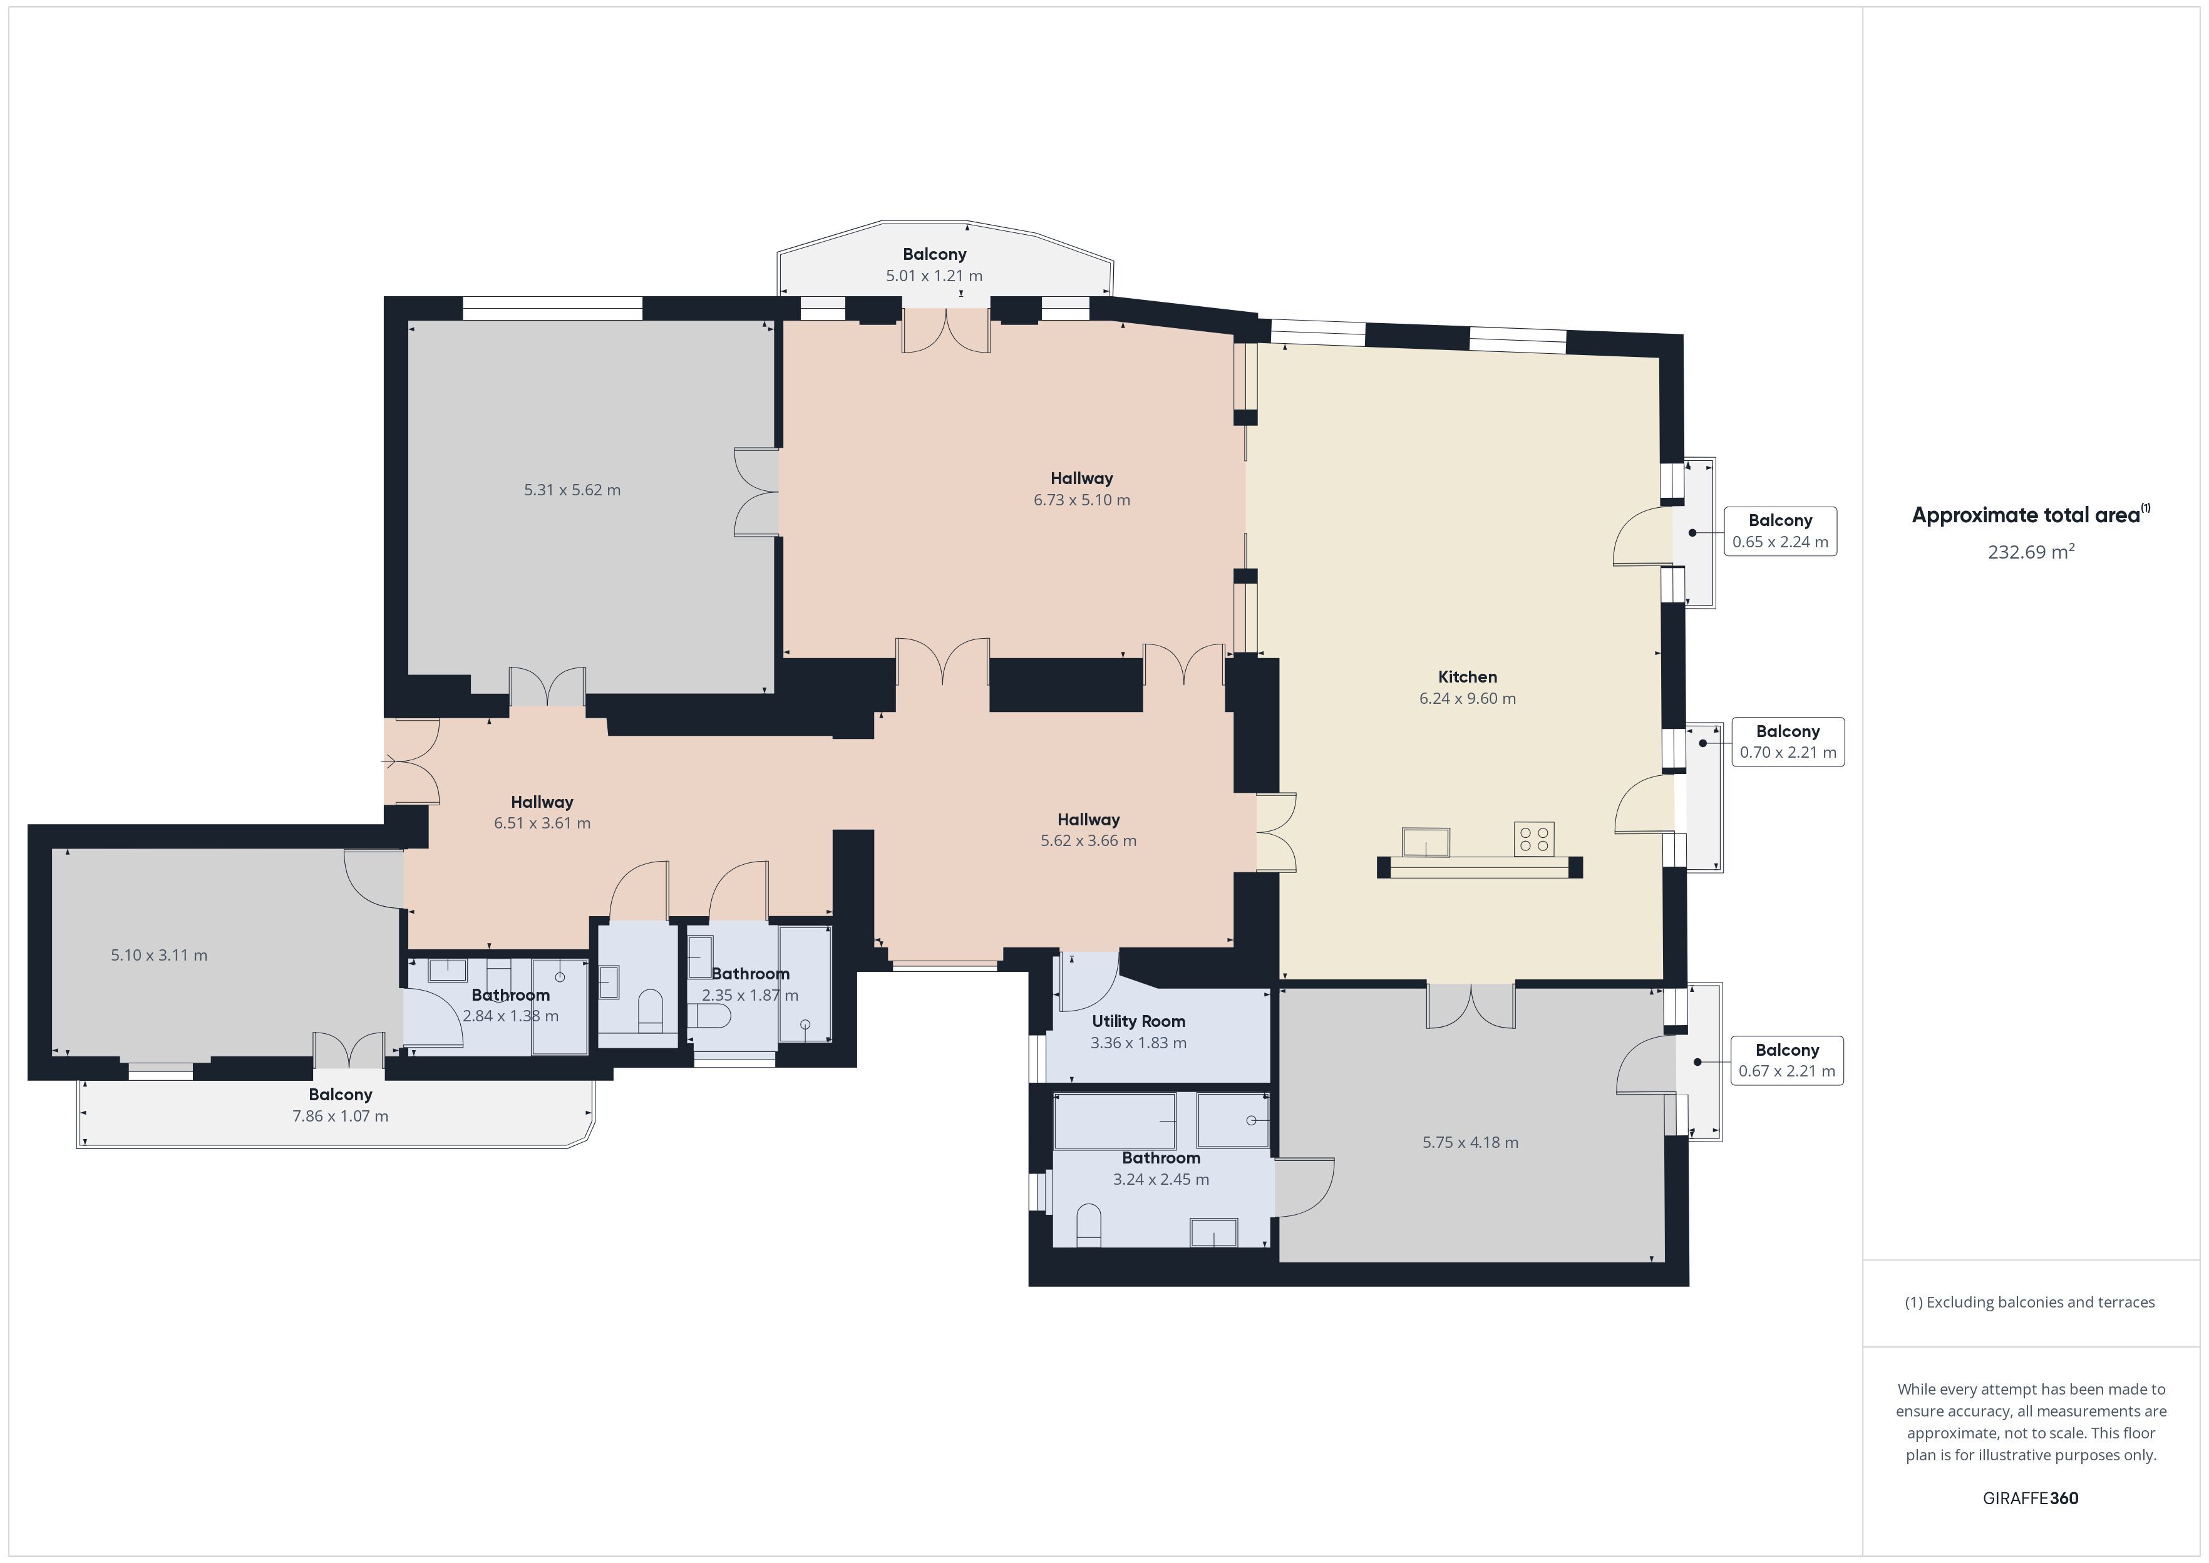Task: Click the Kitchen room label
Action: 1467,676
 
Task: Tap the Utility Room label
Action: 1138,1021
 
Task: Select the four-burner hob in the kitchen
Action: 1533,838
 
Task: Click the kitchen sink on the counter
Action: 1426,841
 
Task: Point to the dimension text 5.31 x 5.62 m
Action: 572,490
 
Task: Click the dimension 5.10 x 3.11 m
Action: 159,956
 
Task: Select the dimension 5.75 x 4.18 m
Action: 1470,1142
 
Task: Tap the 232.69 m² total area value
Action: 2031,552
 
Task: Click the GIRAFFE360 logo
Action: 2030,1499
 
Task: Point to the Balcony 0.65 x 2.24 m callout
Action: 1780,531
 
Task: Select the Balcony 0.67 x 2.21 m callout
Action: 1786,1061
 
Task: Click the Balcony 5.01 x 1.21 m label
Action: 934,265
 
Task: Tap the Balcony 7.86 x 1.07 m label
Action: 341,1105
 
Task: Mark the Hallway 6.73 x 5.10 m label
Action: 1081,489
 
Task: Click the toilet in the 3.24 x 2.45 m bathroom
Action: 1088,1225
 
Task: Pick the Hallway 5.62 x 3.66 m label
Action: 1088,830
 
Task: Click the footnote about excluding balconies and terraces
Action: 2030,1302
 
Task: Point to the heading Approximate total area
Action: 2030,514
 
